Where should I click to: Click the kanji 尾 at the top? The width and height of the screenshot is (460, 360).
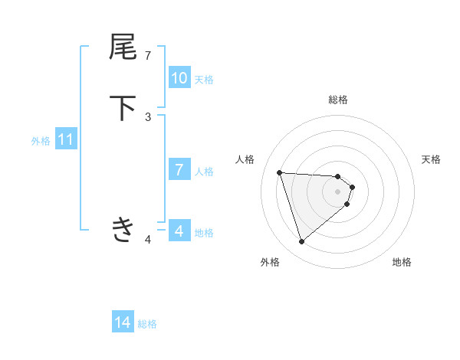point(123,47)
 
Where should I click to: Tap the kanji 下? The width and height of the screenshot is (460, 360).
point(123,108)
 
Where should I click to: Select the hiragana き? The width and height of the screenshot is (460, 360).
point(123,229)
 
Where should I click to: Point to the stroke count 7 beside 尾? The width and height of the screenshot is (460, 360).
point(148,55)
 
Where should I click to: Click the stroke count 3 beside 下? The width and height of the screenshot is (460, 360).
point(148,116)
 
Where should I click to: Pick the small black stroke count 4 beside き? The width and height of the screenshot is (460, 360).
point(148,240)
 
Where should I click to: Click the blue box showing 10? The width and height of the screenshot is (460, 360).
point(179,78)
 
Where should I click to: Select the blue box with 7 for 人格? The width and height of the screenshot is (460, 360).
point(179,170)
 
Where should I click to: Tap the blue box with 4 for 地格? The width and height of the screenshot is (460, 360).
point(179,231)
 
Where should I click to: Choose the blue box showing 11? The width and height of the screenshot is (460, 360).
point(66,140)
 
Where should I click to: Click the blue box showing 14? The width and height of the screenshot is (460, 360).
point(123,323)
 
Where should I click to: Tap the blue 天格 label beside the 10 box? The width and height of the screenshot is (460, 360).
point(204,79)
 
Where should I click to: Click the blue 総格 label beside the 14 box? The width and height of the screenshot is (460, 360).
point(147,324)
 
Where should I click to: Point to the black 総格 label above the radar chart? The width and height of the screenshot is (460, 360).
point(338,100)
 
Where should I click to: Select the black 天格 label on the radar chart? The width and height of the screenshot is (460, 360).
point(431,159)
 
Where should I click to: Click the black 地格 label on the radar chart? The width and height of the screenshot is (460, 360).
point(402,262)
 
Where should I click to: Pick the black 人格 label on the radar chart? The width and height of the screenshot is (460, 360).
point(245,159)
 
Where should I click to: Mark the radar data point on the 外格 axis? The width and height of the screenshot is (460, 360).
point(301,242)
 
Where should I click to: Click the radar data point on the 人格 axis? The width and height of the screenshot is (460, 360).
point(280,172)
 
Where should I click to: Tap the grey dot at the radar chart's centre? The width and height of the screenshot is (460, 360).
point(338,201)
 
